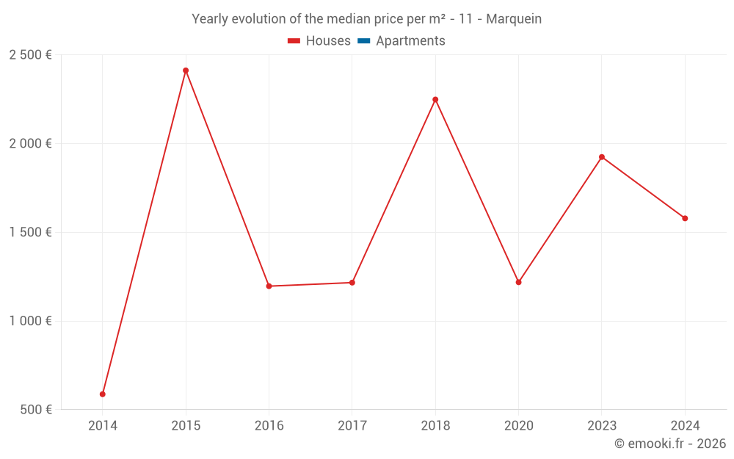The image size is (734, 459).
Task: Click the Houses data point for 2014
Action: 103,394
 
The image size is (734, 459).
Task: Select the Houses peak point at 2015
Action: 186,71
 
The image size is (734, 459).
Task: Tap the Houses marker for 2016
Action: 269,286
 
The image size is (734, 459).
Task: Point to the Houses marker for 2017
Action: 352,283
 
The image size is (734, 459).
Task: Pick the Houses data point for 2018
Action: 435,100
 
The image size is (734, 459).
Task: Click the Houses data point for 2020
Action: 518,282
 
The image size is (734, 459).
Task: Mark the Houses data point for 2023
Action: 602,157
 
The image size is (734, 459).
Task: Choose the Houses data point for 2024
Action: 685,218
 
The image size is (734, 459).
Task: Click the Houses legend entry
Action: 319,41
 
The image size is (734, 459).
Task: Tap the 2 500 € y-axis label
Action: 30,55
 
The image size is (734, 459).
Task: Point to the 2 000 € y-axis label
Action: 30,144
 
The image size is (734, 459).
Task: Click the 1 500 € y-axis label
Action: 30,233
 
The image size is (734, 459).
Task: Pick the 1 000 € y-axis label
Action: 30,321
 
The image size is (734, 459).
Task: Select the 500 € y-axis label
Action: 35,410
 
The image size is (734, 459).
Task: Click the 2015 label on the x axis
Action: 186,425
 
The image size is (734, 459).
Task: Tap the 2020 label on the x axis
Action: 518,425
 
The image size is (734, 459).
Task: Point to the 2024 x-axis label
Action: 685,425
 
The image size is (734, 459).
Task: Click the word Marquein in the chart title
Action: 514,19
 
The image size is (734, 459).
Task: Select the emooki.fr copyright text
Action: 670,444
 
